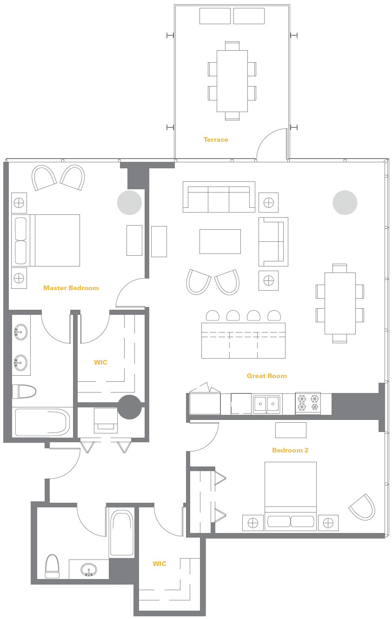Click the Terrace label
216,140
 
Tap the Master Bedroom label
71,288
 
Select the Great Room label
267,376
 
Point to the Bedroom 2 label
290,450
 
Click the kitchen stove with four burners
308,403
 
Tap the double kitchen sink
266,405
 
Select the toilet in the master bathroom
24,391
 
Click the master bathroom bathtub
42,422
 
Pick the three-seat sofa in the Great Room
219,197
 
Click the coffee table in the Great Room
220,241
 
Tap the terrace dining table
232,81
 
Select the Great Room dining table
340,303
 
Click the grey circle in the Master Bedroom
130,203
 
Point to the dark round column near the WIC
130,407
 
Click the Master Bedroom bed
46,240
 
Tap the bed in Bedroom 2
291,496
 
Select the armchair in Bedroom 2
362,507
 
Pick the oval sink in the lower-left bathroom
89,570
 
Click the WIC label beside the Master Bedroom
100,362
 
